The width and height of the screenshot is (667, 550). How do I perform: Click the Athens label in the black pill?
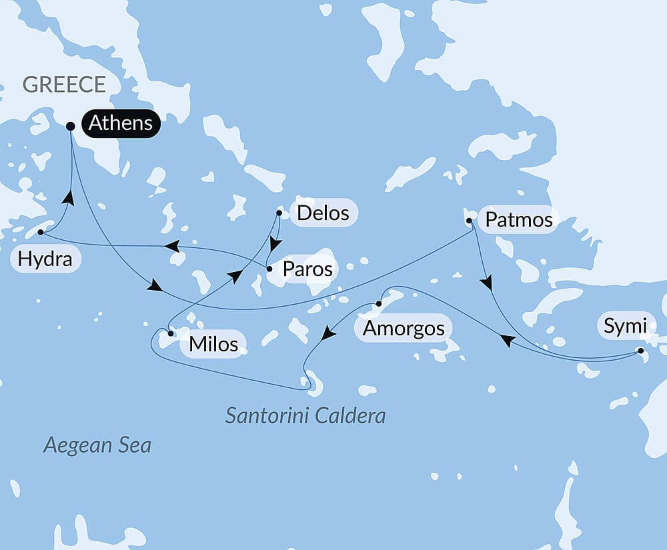(120, 123)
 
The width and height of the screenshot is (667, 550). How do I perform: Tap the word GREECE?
(64, 85)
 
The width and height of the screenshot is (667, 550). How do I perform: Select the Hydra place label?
(45, 259)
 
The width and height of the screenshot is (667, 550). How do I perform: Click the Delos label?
(323, 213)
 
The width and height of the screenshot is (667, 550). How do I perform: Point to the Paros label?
(307, 269)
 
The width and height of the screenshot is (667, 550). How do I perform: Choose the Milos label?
(213, 344)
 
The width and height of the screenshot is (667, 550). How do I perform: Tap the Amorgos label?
(403, 328)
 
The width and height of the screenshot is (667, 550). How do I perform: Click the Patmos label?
(519, 220)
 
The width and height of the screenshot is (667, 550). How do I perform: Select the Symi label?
(625, 327)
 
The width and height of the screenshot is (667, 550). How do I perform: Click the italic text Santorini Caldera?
(305, 416)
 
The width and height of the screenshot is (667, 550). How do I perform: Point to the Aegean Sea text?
(97, 445)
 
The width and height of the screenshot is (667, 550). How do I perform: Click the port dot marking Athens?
(71, 125)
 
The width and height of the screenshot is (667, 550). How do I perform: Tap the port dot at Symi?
(641, 350)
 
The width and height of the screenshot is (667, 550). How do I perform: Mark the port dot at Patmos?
(469, 220)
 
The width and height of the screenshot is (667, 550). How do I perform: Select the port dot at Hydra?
(41, 233)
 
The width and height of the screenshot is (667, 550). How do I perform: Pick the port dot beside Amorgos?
(378, 304)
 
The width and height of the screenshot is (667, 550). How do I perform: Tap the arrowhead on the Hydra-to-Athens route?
(68, 197)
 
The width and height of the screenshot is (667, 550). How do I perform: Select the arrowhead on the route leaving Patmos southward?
(488, 283)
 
